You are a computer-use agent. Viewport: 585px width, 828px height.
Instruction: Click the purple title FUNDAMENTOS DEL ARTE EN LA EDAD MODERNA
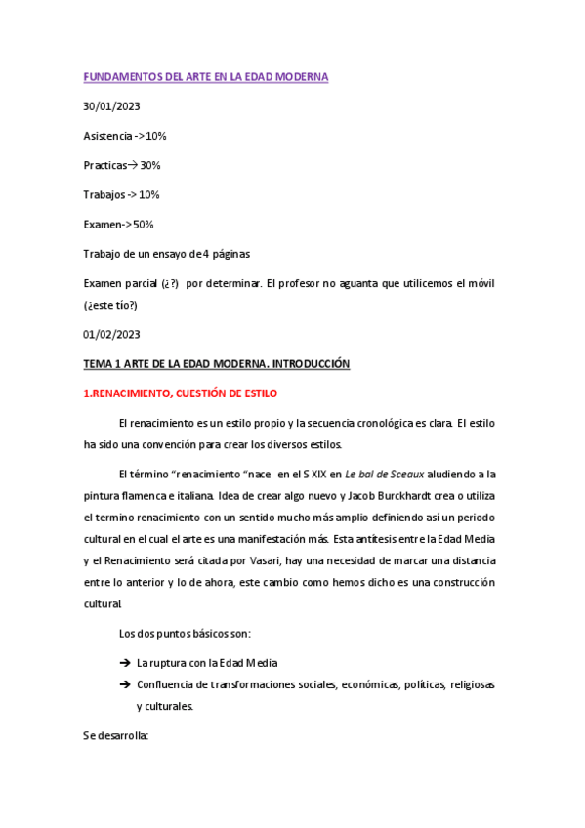(x=205, y=77)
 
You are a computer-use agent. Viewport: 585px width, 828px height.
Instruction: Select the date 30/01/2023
(x=112, y=106)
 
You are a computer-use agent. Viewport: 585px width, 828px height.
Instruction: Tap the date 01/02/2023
(x=112, y=334)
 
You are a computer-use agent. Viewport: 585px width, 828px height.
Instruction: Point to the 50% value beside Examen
(x=143, y=225)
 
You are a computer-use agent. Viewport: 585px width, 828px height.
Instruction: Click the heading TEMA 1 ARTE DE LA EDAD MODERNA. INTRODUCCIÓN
(x=216, y=364)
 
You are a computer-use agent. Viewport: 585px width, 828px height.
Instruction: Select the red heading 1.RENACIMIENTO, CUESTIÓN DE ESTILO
(x=180, y=393)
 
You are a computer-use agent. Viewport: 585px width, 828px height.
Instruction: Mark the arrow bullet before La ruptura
(x=125, y=662)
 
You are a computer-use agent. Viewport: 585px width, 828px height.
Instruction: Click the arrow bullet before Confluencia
(x=125, y=684)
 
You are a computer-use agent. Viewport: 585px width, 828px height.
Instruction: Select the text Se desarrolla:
(x=115, y=736)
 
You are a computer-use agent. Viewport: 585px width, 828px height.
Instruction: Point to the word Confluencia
(x=169, y=684)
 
